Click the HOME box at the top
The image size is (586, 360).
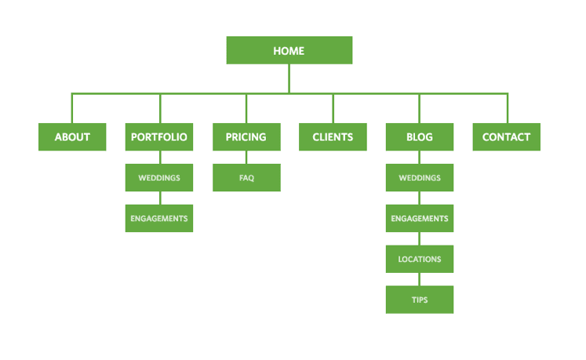click(x=289, y=50)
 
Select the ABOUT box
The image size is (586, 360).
click(x=72, y=136)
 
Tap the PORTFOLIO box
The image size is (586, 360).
click(x=159, y=136)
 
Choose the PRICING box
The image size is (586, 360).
click(x=246, y=136)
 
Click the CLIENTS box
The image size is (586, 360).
click(x=333, y=136)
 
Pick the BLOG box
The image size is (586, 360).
click(x=419, y=136)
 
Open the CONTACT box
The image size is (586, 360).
click(x=506, y=136)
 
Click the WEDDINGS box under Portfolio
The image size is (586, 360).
click(x=159, y=178)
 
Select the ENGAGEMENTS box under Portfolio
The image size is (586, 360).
click(x=159, y=218)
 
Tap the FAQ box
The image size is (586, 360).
click(x=246, y=178)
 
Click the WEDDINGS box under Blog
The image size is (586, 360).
click(x=419, y=178)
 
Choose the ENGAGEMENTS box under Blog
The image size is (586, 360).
click(x=419, y=218)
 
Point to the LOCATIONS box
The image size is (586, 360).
click(x=419, y=259)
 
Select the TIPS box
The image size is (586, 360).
click(x=419, y=300)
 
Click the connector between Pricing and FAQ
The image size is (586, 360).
click(x=246, y=158)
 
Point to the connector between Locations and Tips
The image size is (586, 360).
click(x=419, y=279)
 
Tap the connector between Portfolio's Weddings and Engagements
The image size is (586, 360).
click(x=159, y=198)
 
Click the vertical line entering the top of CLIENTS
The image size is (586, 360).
click(x=333, y=108)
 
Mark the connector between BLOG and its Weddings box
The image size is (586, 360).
click(x=419, y=158)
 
